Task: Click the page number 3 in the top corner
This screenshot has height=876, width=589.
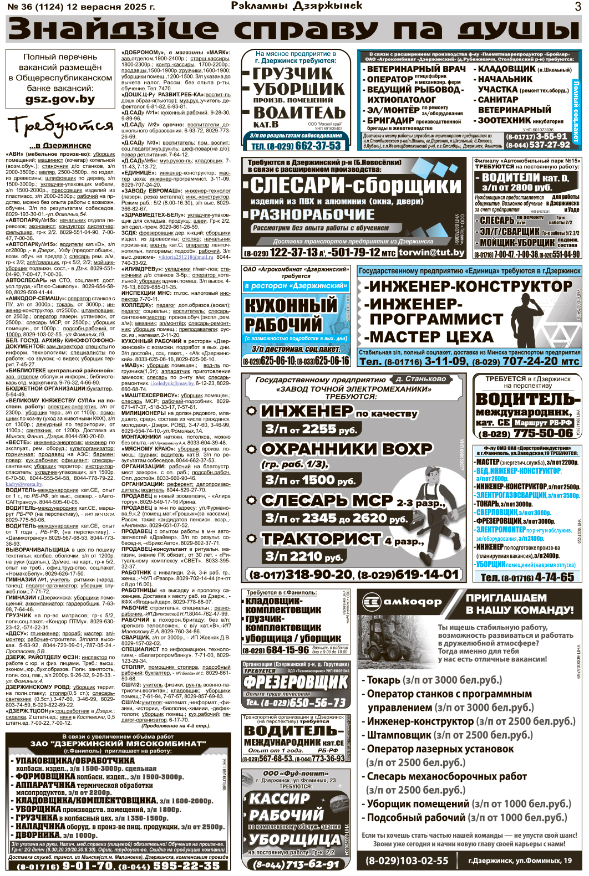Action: click(x=578, y=7)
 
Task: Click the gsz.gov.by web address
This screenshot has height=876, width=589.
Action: click(x=60, y=100)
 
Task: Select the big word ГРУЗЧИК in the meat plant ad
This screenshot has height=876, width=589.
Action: click(x=293, y=73)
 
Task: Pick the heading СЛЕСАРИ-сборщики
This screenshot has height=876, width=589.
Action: click(x=356, y=186)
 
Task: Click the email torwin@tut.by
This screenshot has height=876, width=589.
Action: click(x=431, y=252)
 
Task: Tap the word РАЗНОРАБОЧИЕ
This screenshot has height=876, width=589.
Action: click(x=312, y=214)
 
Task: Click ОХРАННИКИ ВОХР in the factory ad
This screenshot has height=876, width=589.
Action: click(x=347, y=448)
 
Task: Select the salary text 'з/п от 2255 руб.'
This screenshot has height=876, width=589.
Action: click(x=311, y=429)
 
